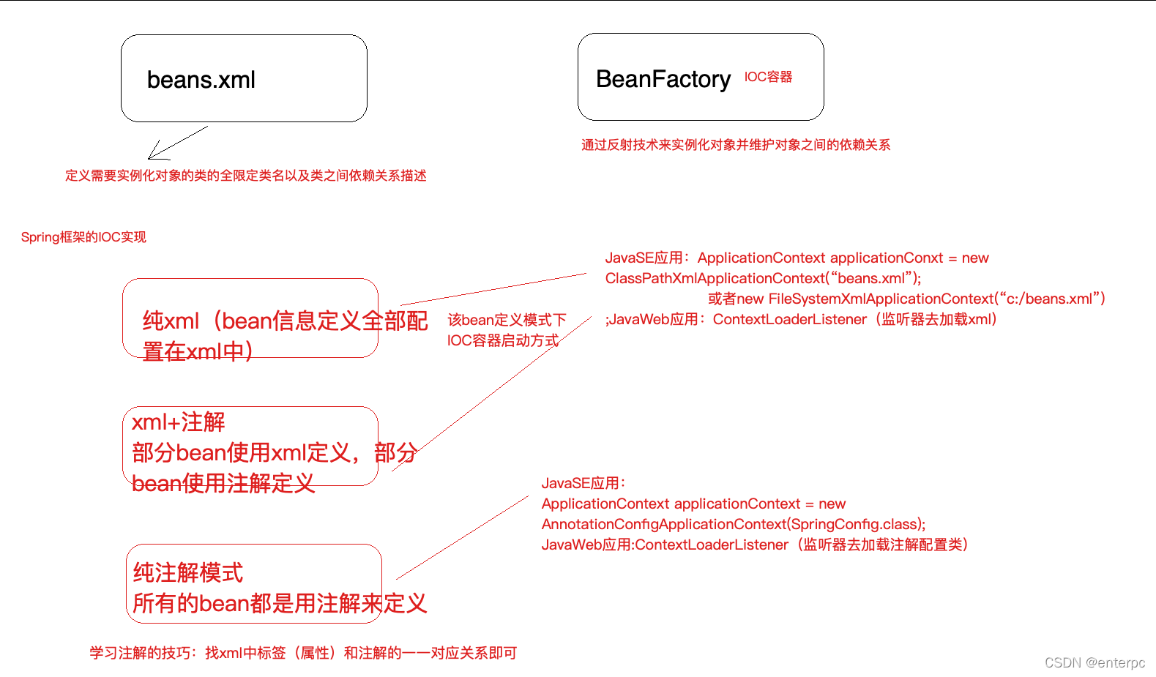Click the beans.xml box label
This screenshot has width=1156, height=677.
(x=201, y=80)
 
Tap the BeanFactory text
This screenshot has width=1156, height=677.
(x=663, y=79)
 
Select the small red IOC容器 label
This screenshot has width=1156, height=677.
(x=768, y=77)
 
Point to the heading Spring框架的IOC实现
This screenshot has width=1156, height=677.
(x=83, y=237)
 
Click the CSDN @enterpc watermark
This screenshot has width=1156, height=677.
(x=1095, y=662)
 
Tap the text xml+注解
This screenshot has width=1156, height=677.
(x=178, y=422)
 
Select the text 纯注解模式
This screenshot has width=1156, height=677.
(x=188, y=572)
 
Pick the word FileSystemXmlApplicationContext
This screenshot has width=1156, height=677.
(x=881, y=299)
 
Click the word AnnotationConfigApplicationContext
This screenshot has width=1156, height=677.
(x=664, y=524)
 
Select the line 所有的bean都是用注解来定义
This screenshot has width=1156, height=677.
(x=280, y=603)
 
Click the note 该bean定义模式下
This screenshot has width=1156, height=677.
(x=507, y=320)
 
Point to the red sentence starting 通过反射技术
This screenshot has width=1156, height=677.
(x=735, y=145)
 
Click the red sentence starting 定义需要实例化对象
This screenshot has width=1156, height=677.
(x=245, y=176)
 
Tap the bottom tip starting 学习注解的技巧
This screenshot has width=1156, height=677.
(x=303, y=653)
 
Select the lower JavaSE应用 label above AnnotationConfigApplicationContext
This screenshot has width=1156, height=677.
(x=583, y=483)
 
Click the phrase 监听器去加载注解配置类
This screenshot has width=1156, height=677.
(x=884, y=545)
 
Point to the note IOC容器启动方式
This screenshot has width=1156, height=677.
(x=502, y=340)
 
